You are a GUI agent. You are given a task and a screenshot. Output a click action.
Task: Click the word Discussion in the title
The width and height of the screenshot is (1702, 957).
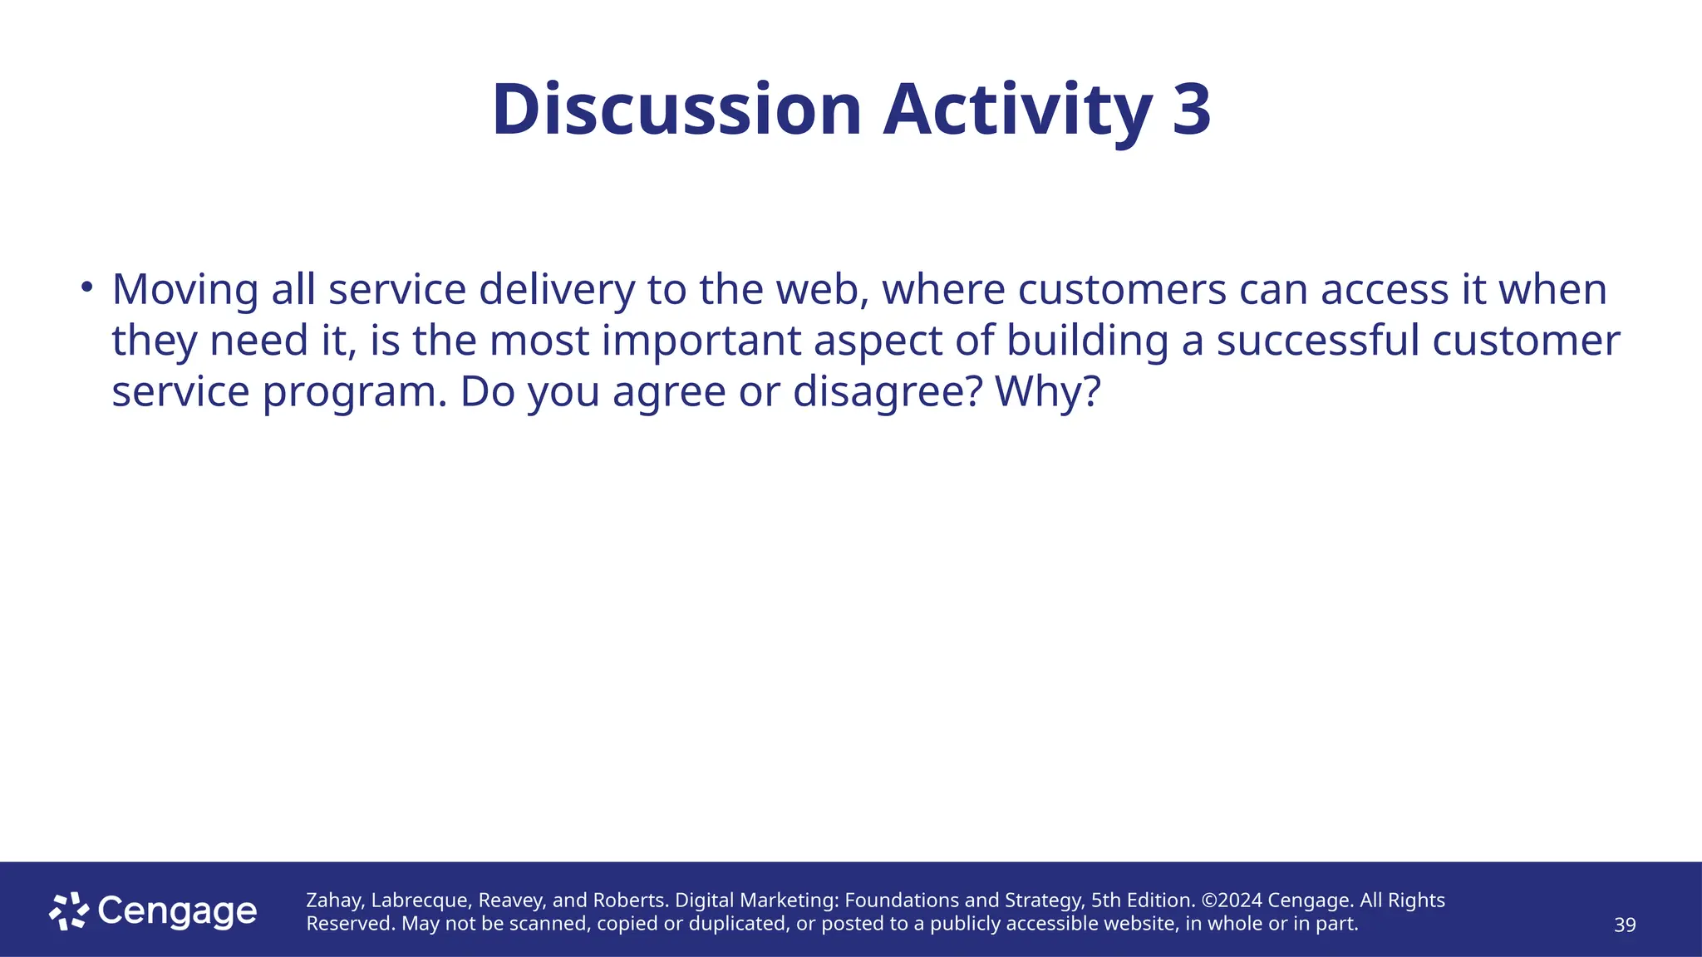(676, 110)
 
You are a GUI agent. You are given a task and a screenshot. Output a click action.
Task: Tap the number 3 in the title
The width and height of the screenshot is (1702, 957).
(1192, 110)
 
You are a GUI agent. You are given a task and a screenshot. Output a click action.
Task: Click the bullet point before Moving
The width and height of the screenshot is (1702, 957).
(86, 287)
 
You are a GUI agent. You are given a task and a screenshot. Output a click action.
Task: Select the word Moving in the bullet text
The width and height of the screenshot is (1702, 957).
(185, 290)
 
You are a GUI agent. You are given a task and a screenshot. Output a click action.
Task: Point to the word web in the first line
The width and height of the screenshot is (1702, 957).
(823, 290)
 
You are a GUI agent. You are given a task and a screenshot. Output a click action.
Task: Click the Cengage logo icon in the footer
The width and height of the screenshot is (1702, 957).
(69, 911)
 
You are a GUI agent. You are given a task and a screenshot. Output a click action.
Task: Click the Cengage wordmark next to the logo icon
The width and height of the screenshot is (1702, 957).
(177, 911)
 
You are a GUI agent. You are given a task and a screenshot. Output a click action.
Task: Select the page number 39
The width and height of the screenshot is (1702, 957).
(1624, 925)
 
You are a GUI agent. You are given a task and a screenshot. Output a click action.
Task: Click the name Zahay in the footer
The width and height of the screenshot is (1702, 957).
(335, 901)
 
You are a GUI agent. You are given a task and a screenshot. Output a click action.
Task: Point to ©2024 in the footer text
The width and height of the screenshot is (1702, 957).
(1232, 901)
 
